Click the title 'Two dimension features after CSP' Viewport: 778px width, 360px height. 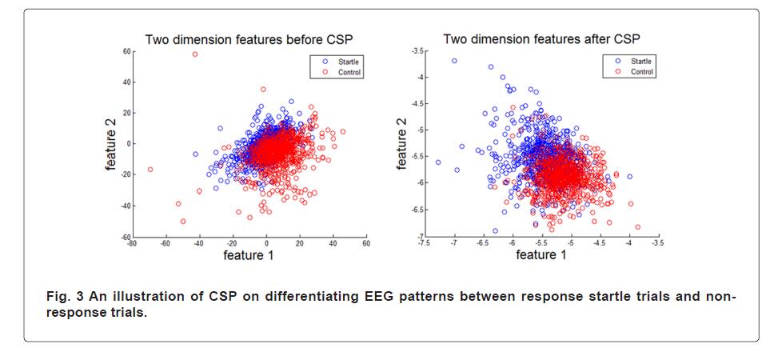point(541,38)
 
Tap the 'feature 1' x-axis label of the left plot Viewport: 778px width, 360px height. point(249,255)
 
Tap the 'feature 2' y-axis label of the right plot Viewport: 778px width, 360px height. point(402,143)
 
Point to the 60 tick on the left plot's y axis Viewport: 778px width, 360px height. point(126,51)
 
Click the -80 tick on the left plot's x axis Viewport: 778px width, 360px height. point(133,243)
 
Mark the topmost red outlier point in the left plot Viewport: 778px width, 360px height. point(194,54)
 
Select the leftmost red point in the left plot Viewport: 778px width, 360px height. point(150,170)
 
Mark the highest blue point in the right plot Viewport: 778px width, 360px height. point(454,61)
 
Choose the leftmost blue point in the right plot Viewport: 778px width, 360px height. point(437,162)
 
